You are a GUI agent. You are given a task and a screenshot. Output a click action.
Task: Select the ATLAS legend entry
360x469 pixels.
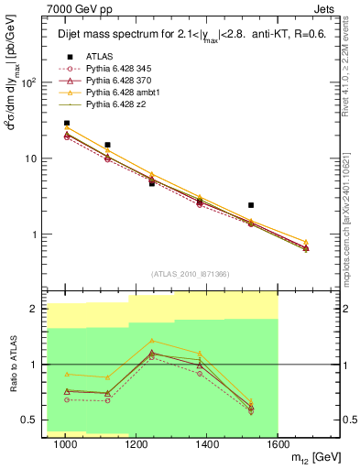tap(99, 55)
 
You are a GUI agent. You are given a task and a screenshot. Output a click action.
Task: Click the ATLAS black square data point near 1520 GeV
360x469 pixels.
tap(251, 205)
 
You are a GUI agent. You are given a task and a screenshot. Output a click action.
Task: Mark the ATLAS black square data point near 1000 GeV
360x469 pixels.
tap(66, 123)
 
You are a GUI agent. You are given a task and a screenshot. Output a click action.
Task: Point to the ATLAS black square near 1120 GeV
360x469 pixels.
tap(108, 145)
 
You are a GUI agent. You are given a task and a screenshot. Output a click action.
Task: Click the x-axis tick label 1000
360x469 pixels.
tap(66, 444)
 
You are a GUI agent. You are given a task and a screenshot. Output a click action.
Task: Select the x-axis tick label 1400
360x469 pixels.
tap(207, 444)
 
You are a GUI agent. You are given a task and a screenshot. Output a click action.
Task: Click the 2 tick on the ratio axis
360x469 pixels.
tap(39, 309)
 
